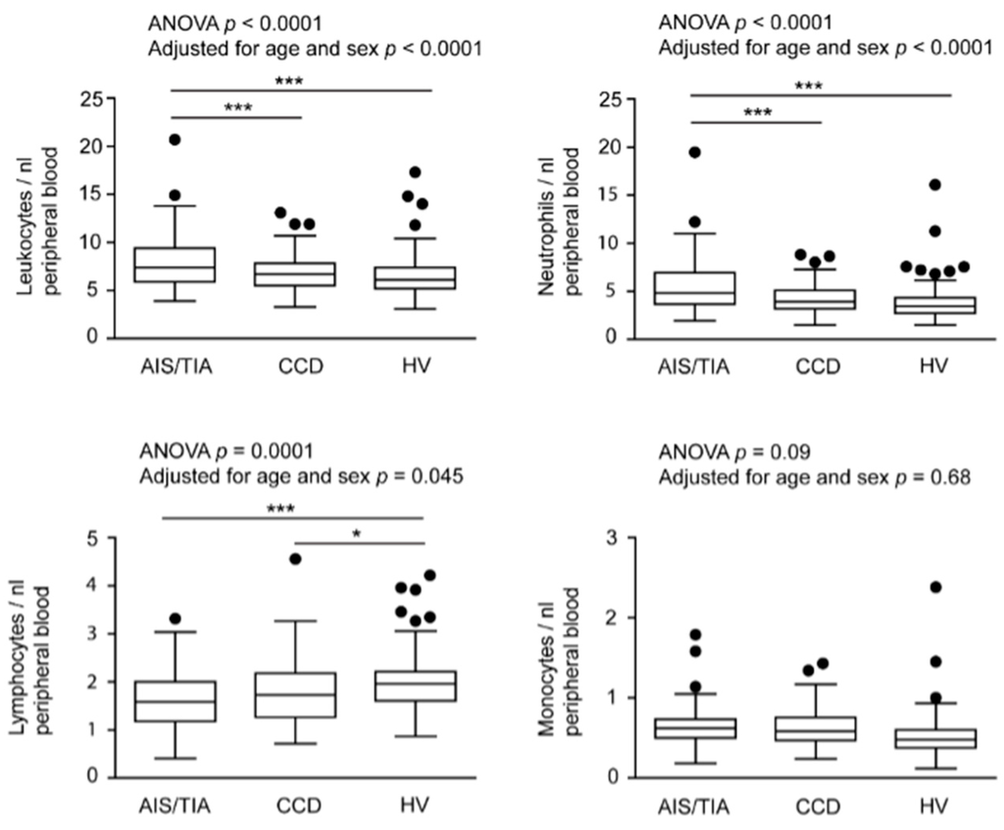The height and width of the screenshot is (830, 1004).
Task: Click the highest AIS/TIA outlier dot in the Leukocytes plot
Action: (175, 139)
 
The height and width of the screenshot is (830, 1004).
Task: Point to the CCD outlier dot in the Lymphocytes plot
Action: (295, 559)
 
